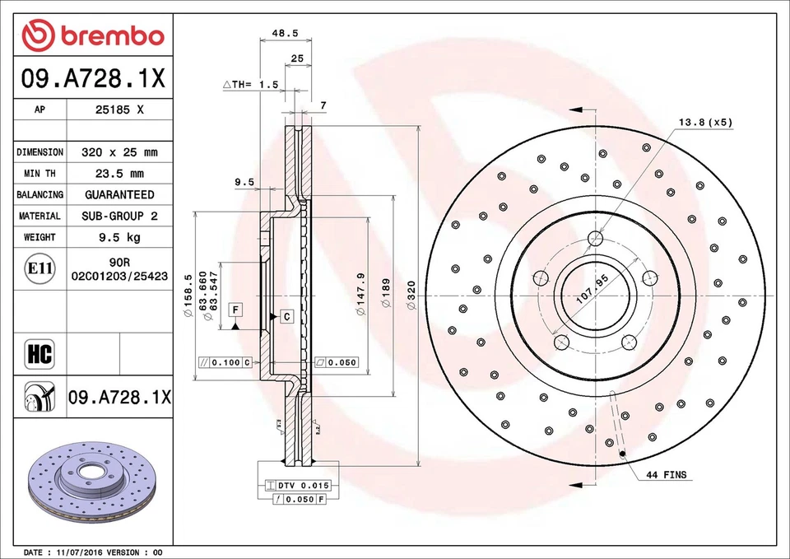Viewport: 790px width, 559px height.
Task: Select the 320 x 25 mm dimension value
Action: coord(119,152)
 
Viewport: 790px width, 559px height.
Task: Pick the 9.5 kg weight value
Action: coord(119,237)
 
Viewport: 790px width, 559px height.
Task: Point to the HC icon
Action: coord(39,355)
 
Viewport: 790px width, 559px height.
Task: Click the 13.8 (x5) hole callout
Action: coord(704,123)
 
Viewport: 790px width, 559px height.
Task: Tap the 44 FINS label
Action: coord(666,475)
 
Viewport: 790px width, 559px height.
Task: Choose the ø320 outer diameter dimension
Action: coord(411,295)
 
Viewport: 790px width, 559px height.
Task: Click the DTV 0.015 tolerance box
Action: coord(292,487)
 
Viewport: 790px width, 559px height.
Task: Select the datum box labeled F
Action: coord(235,310)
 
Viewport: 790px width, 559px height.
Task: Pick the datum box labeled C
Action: coord(286,316)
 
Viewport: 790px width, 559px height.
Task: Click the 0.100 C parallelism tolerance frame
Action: coord(225,362)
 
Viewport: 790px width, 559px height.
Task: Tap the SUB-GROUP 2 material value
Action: coord(120,216)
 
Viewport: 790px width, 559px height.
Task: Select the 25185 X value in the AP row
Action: coord(119,109)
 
